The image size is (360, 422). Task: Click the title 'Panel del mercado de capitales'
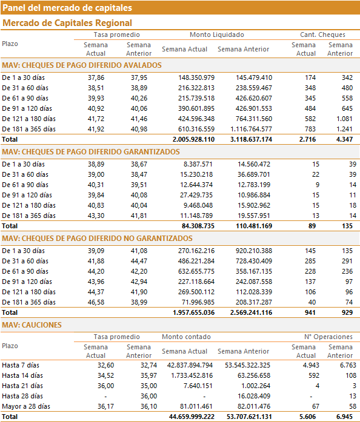point(67,8)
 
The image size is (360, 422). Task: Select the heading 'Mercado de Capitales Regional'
point(67,23)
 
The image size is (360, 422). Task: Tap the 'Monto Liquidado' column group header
point(217,35)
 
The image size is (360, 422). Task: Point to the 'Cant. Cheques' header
point(322,35)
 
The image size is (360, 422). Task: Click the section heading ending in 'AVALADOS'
point(82,65)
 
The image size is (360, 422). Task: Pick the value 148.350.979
point(196,77)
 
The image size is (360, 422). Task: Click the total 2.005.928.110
point(193,139)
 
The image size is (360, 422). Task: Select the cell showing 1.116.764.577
point(251,129)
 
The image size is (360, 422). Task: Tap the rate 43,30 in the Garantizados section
point(96,216)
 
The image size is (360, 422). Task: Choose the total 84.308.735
point(198,226)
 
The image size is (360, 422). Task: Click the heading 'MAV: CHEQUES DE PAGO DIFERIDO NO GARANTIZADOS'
point(98,239)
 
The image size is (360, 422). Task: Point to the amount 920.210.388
point(254,251)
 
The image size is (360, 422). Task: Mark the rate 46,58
point(96,303)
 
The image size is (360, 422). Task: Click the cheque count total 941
point(310,313)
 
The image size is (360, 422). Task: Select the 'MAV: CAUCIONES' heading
point(32,325)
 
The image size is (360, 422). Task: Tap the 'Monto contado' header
point(186,337)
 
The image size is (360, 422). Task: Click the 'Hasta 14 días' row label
point(22,376)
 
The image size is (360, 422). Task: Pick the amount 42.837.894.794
point(190,366)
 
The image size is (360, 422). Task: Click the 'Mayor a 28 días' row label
point(26,406)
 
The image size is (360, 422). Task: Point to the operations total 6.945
point(344,417)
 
